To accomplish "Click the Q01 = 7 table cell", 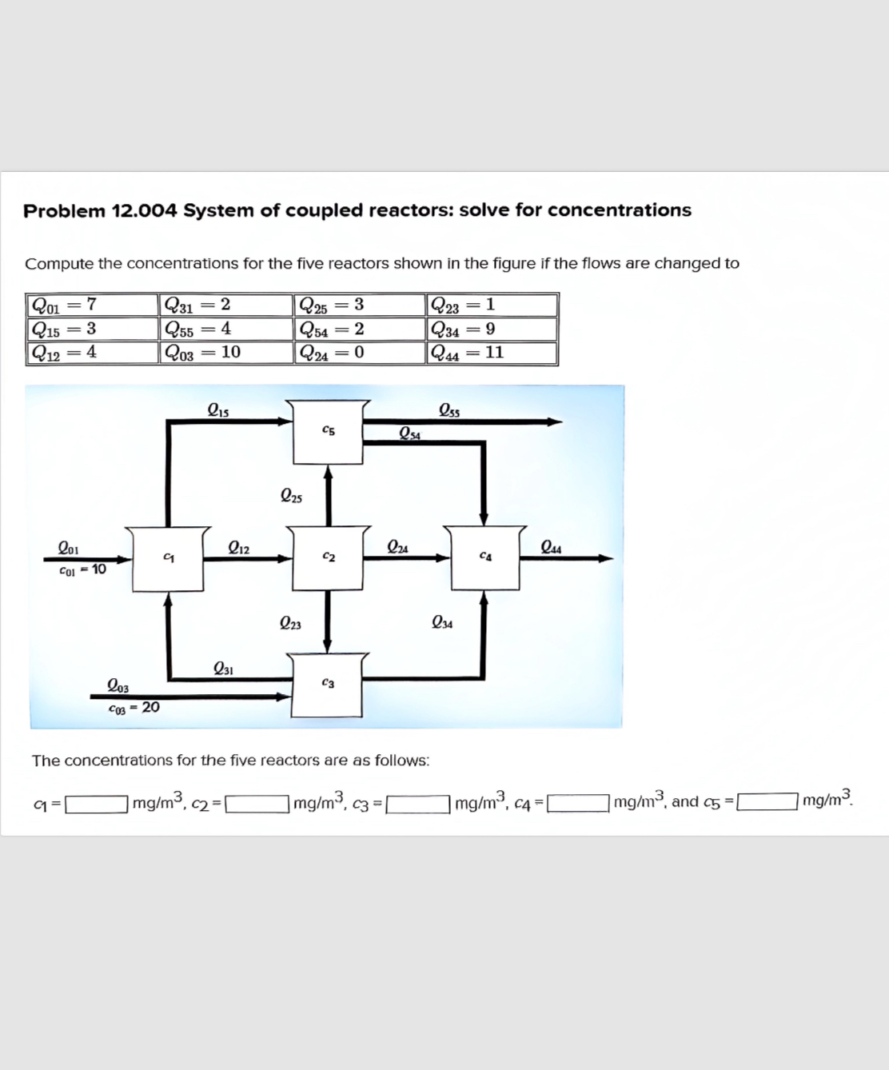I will pos(91,305).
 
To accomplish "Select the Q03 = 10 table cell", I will pos(225,353).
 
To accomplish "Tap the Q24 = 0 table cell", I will pos(359,353).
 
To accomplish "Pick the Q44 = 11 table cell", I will pos(492,353).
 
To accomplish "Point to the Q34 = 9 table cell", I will pos(492,329).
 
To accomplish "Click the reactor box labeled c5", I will pos(328,433).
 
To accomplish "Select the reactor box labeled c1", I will pos(168,557).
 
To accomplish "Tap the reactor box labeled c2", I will pos(328,557).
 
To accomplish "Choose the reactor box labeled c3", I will pos(328,685).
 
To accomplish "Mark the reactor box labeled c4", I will pos(484,557).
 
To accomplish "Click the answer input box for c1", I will pos(97,802).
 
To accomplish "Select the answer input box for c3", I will pos(418,802).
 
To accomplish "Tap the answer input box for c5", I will pos(767,801).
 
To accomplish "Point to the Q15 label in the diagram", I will pos(217,411).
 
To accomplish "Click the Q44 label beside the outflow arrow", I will pos(551,548).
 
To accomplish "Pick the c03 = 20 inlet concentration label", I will pos(134,708).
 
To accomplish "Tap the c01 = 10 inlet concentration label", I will pos(82,570).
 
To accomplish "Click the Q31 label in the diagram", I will pos(223,669).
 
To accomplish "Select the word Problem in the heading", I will pos(64,211).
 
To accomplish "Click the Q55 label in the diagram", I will pos(449,411).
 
